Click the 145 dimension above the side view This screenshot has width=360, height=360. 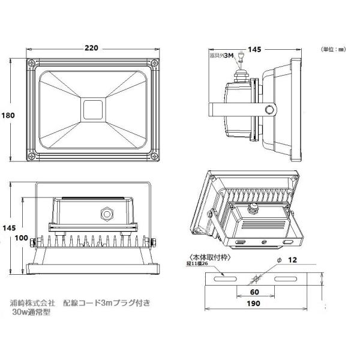tap(254, 50)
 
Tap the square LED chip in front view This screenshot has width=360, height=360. tap(92, 110)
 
